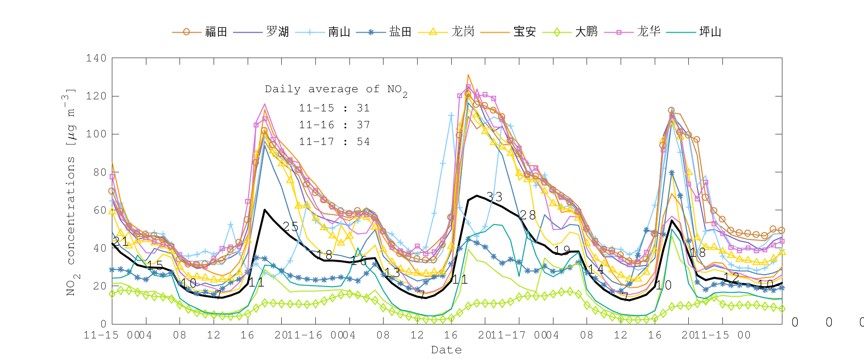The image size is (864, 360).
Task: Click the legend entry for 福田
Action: tap(216, 32)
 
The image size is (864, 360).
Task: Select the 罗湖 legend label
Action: tap(277, 32)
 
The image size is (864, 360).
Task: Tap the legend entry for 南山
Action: tap(339, 32)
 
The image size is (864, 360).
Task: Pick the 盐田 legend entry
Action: tap(400, 32)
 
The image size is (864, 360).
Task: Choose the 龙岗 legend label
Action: tap(463, 32)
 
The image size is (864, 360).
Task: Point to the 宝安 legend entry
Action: tap(524, 32)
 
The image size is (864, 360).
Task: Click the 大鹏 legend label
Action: tap(586, 32)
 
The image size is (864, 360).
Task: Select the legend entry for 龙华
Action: tap(648, 32)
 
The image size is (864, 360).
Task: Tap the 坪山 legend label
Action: tap(710, 32)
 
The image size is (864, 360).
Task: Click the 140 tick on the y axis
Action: tap(96, 58)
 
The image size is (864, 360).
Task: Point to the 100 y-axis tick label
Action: tap(96, 134)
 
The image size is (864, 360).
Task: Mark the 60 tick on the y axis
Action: tap(99, 210)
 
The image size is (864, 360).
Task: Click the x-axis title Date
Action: tap(446, 350)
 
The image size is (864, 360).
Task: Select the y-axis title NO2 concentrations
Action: tap(71, 192)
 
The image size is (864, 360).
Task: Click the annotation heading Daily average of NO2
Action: tap(336, 90)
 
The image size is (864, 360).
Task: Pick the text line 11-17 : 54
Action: tap(334, 142)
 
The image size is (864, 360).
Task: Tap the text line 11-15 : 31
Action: tap(334, 108)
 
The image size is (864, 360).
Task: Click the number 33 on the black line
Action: tap(494, 197)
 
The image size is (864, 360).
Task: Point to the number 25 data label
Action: tap(290, 227)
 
